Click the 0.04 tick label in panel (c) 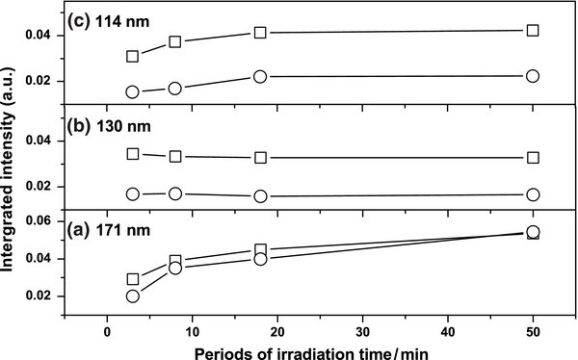[46, 36]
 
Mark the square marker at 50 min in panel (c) [534, 31]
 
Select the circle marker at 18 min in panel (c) [260, 76]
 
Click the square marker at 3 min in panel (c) [133, 56]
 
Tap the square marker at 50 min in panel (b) [534, 157]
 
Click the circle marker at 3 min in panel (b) [133, 194]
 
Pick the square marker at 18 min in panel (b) [260, 157]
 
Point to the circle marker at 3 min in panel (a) [133, 296]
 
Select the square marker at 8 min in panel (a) [175, 261]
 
